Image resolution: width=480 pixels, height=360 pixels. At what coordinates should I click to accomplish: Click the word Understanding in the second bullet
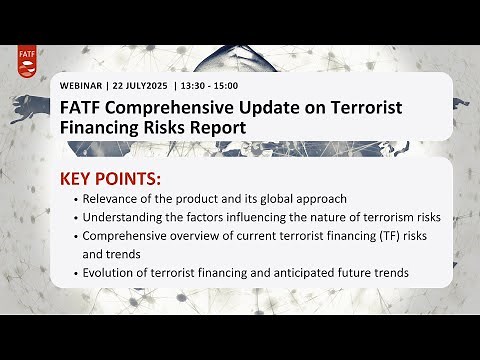point(127,217)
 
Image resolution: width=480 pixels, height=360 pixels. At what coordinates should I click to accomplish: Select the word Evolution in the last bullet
point(113,273)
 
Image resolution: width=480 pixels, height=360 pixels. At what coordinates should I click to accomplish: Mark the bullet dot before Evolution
point(75,274)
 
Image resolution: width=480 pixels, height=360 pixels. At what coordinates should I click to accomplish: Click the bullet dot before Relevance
point(75,200)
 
